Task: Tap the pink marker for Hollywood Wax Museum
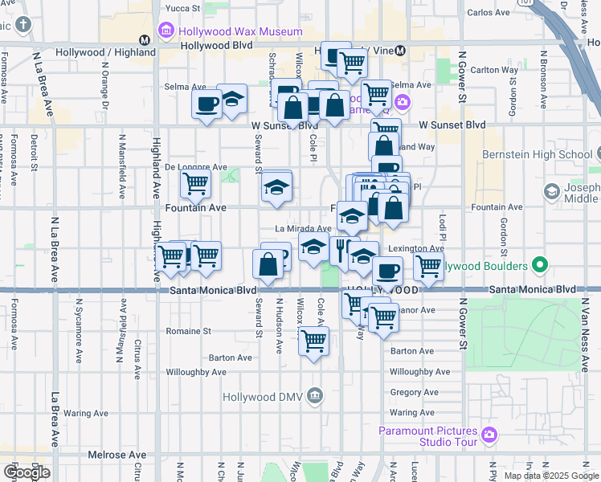pyautogui.click(x=166, y=32)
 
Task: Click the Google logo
pyautogui.click(x=27, y=472)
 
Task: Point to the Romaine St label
pyautogui.click(x=188, y=330)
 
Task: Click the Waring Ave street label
pyautogui.click(x=86, y=413)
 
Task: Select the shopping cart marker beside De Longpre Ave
pyautogui.click(x=195, y=183)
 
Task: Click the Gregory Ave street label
pyautogui.click(x=414, y=392)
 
